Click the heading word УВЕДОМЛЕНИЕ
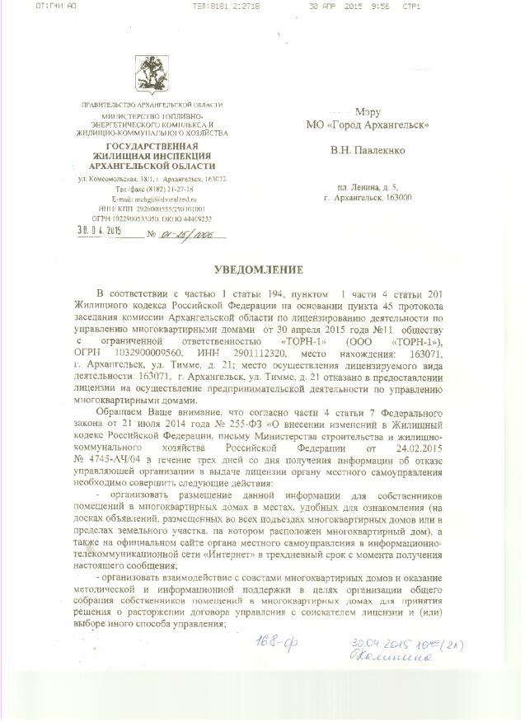[x=261, y=270]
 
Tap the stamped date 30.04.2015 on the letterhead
[x=99, y=231]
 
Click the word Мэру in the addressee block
[x=368, y=111]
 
